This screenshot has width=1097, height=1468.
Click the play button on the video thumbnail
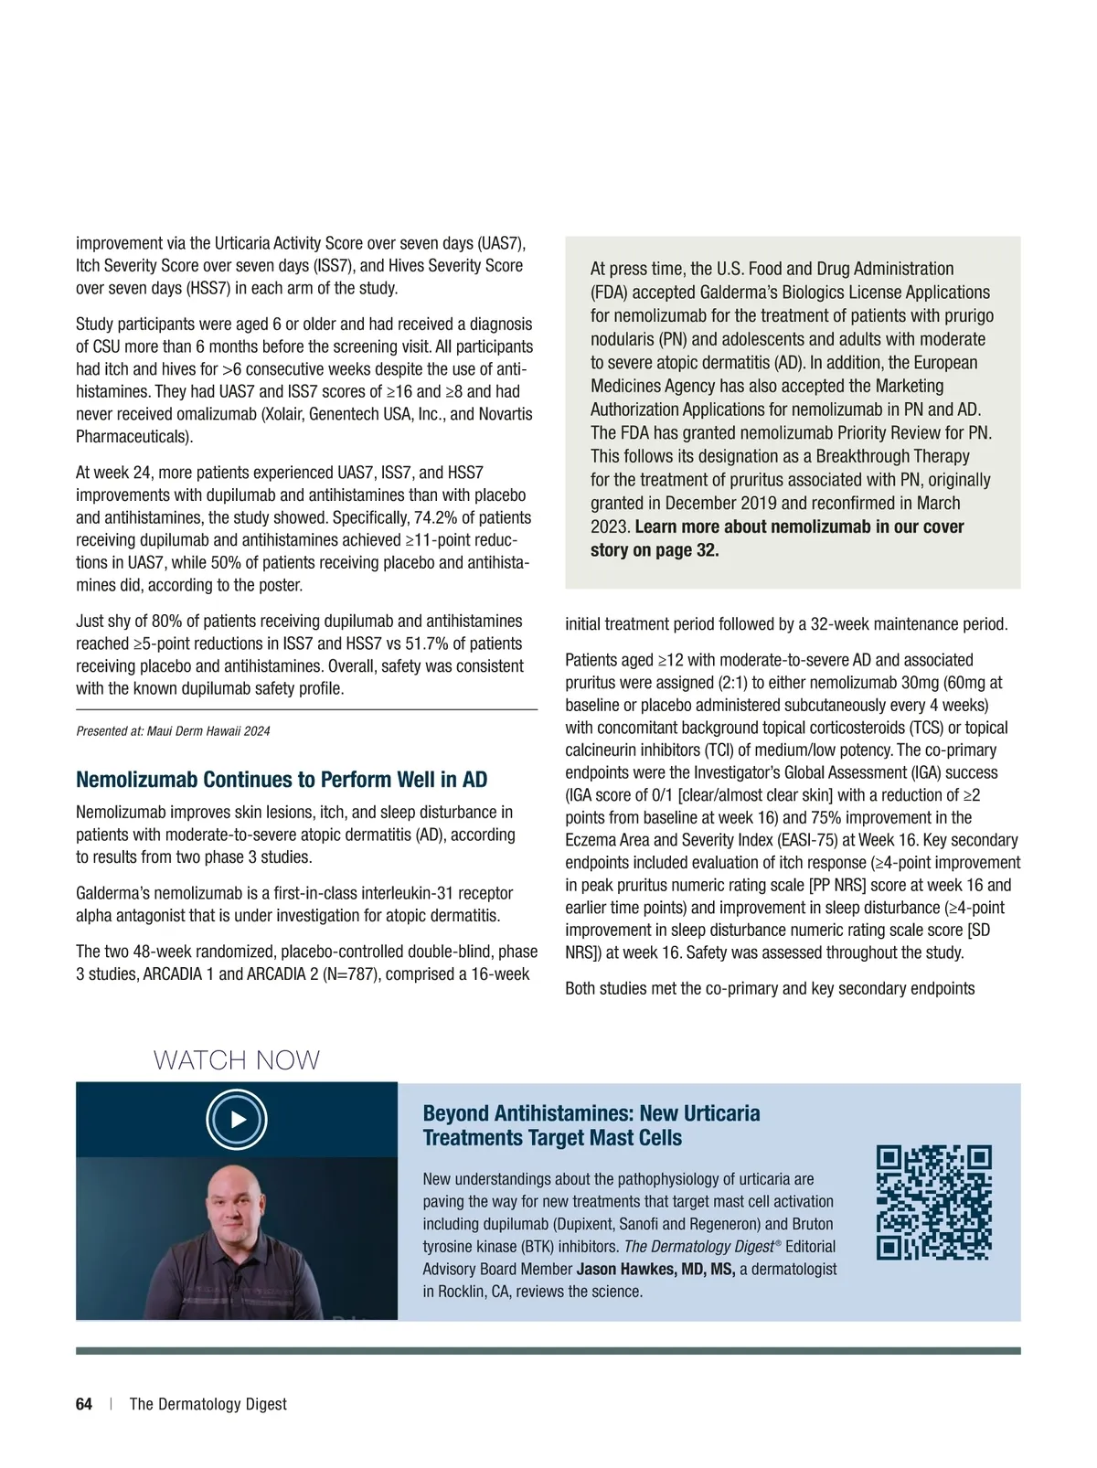point(237,1119)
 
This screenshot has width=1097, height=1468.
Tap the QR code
point(933,1202)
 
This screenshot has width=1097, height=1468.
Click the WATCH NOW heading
point(237,1060)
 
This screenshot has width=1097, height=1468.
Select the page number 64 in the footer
point(84,1404)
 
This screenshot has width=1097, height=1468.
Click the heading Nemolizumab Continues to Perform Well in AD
point(282,780)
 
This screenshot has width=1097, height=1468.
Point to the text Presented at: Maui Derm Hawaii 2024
point(173,731)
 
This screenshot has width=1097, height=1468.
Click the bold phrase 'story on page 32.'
point(655,550)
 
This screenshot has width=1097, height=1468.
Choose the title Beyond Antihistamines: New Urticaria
point(591,1113)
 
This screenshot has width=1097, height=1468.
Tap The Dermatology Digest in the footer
point(208,1404)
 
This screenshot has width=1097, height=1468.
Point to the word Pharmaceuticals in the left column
point(133,436)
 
